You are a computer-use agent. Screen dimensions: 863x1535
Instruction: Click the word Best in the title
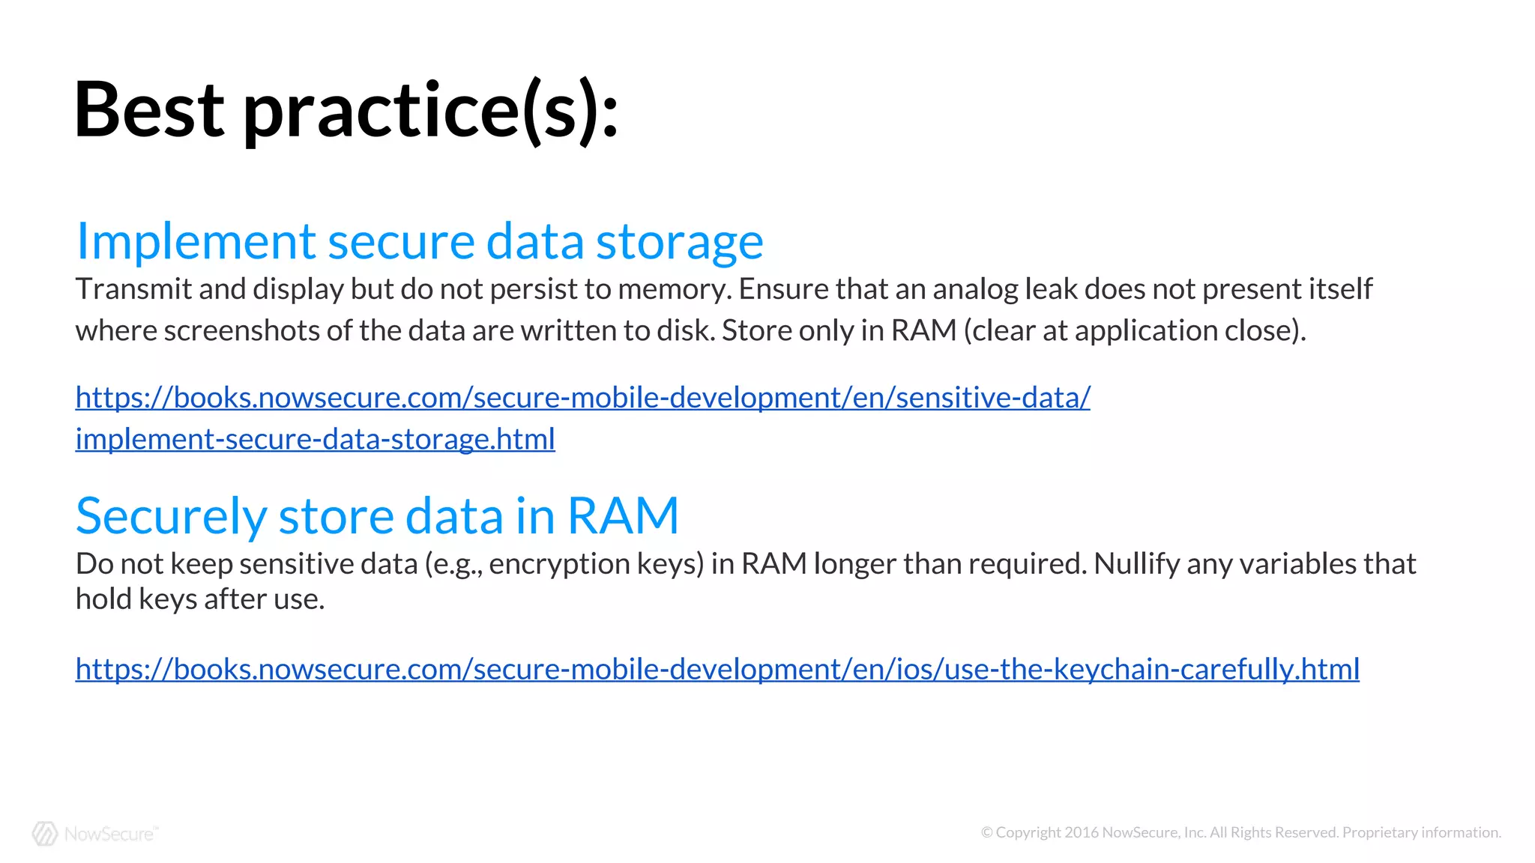pyautogui.click(x=149, y=110)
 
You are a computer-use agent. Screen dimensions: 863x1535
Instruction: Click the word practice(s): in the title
pyautogui.click(x=431, y=112)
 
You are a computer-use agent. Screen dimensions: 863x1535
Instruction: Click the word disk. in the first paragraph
pyautogui.click(x=685, y=330)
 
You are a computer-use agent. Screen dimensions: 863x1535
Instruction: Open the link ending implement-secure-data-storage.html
pyautogui.click(x=315, y=439)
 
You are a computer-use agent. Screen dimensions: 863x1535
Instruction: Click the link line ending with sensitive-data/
pyautogui.click(x=582, y=398)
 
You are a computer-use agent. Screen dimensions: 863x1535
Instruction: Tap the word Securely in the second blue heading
pyautogui.click(x=171, y=517)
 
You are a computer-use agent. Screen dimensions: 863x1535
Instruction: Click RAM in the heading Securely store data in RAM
pyautogui.click(x=622, y=516)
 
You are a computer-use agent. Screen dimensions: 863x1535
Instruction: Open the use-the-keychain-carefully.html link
pyautogui.click(x=717, y=669)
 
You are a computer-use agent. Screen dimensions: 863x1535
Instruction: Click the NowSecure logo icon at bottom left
pyautogui.click(x=45, y=833)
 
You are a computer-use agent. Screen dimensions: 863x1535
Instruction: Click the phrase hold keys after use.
pyautogui.click(x=200, y=599)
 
